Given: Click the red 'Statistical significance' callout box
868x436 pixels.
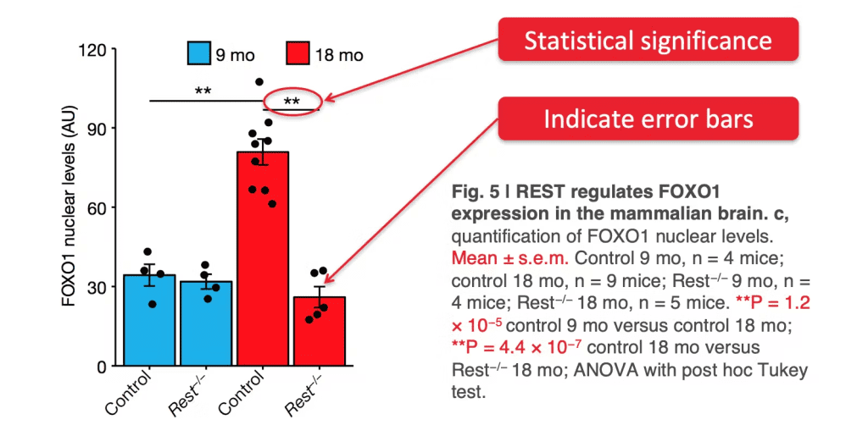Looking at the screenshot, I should (x=648, y=41).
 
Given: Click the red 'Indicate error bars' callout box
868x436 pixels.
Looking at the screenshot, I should (x=648, y=119).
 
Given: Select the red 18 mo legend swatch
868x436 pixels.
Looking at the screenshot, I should (x=298, y=55).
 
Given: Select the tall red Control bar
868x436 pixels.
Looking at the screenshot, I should (x=263, y=262).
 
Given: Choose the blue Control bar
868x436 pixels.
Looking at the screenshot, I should (x=149, y=322).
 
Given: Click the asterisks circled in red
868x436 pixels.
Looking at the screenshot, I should (x=292, y=102).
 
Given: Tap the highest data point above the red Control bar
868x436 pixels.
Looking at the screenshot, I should (x=259, y=82).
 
